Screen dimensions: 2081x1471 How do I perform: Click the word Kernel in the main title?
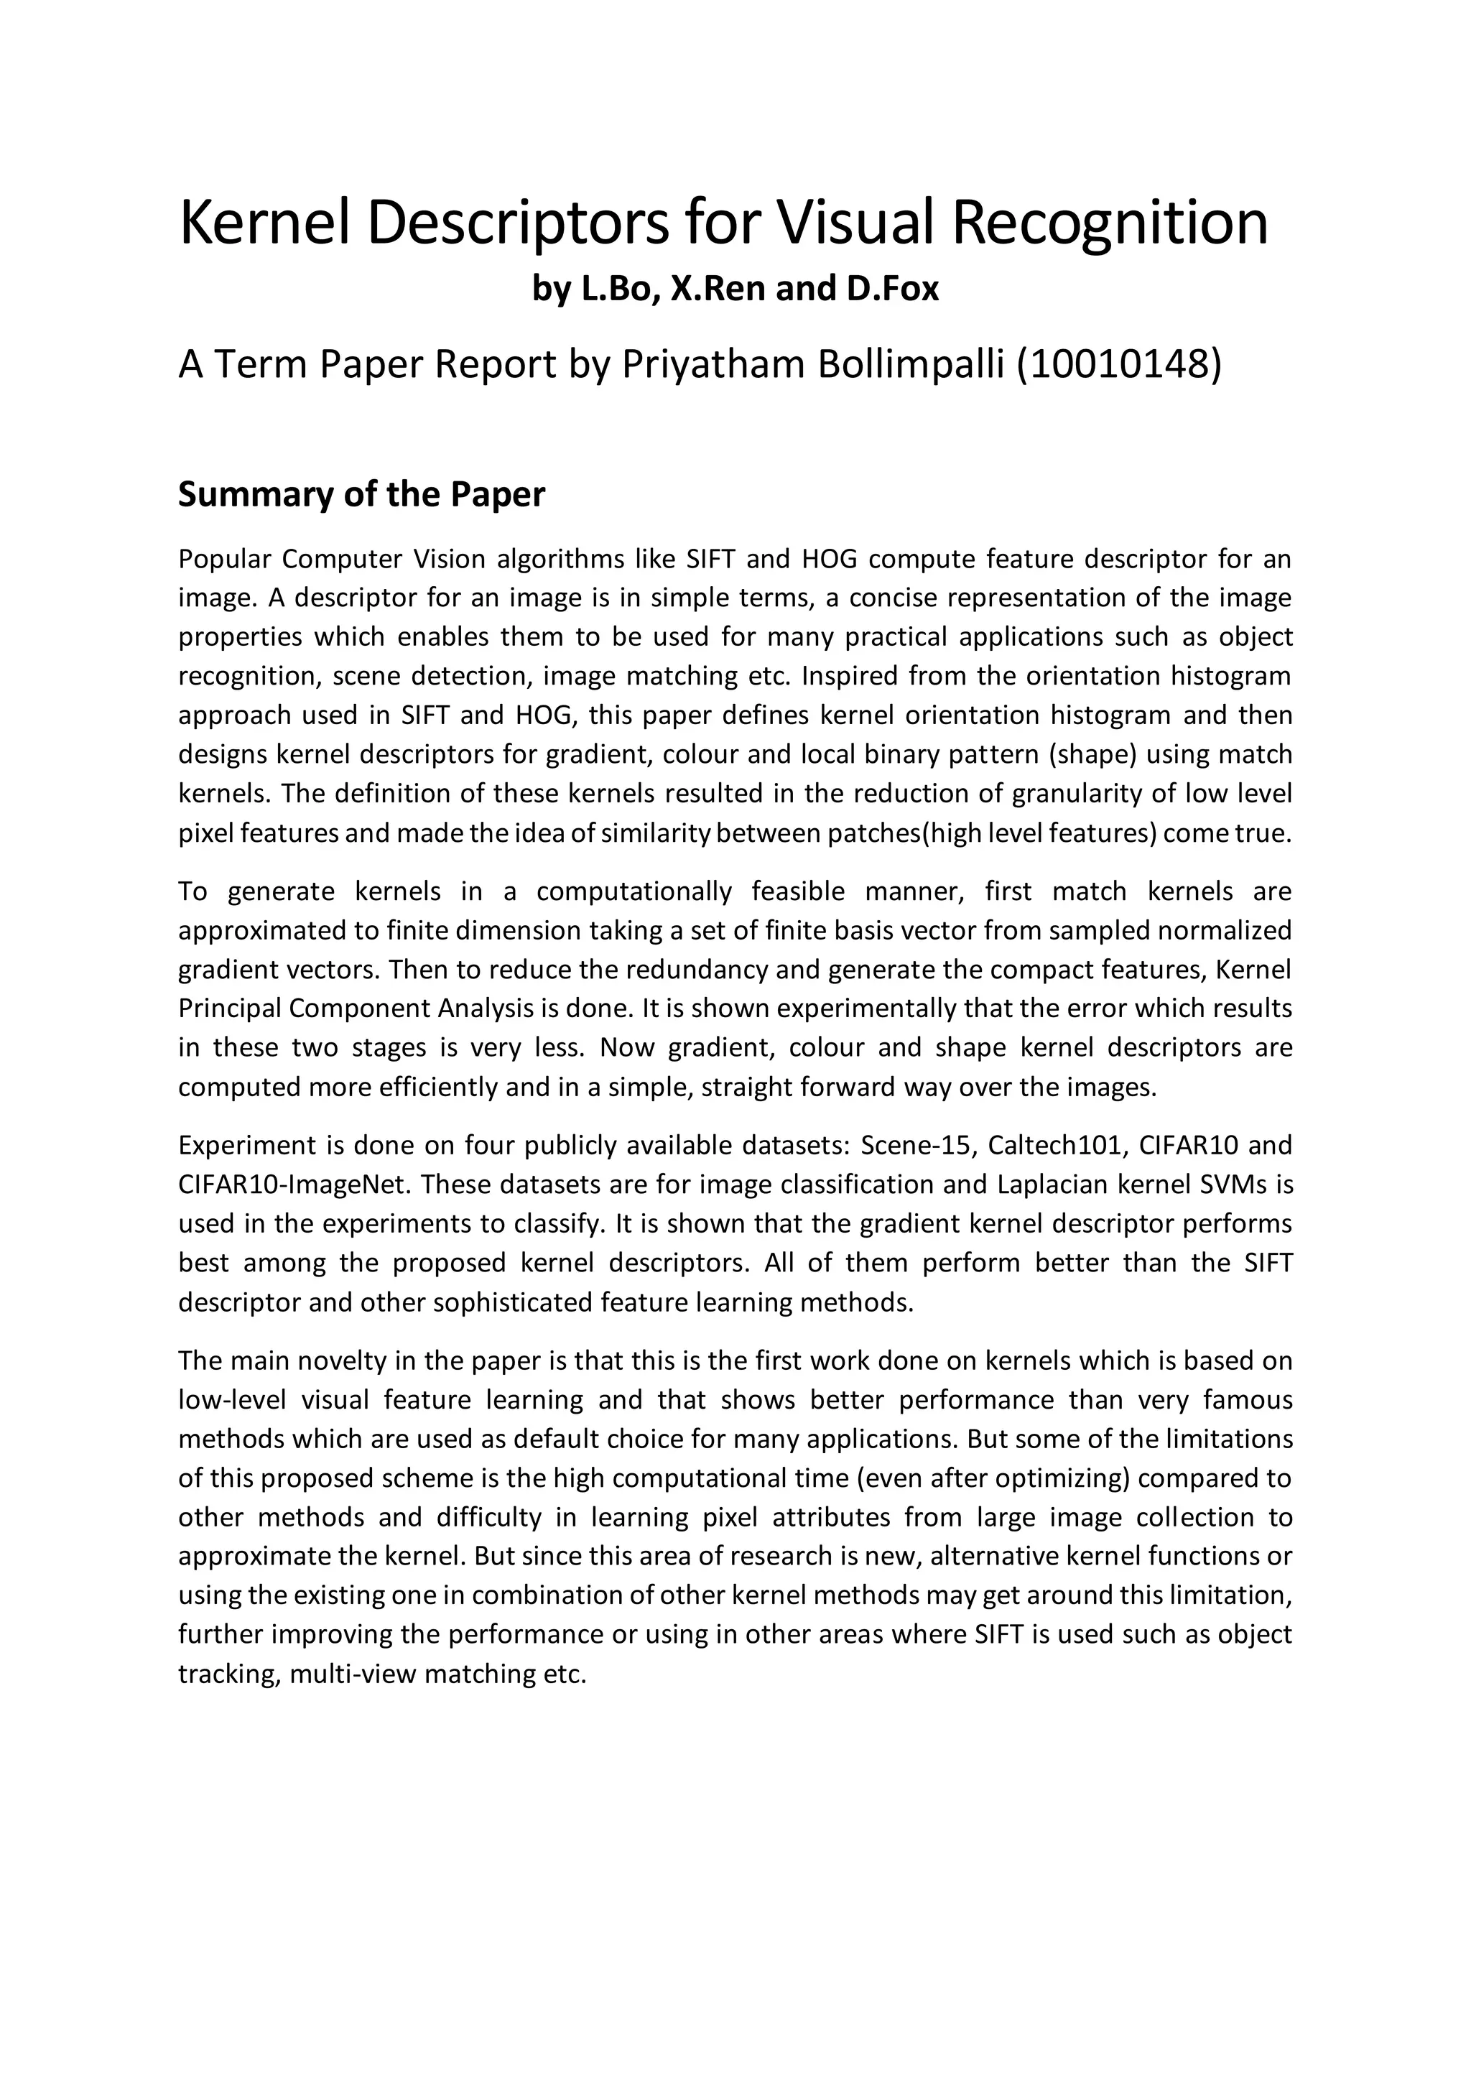pos(266,223)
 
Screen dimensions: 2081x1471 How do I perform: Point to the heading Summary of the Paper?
pos(361,495)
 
